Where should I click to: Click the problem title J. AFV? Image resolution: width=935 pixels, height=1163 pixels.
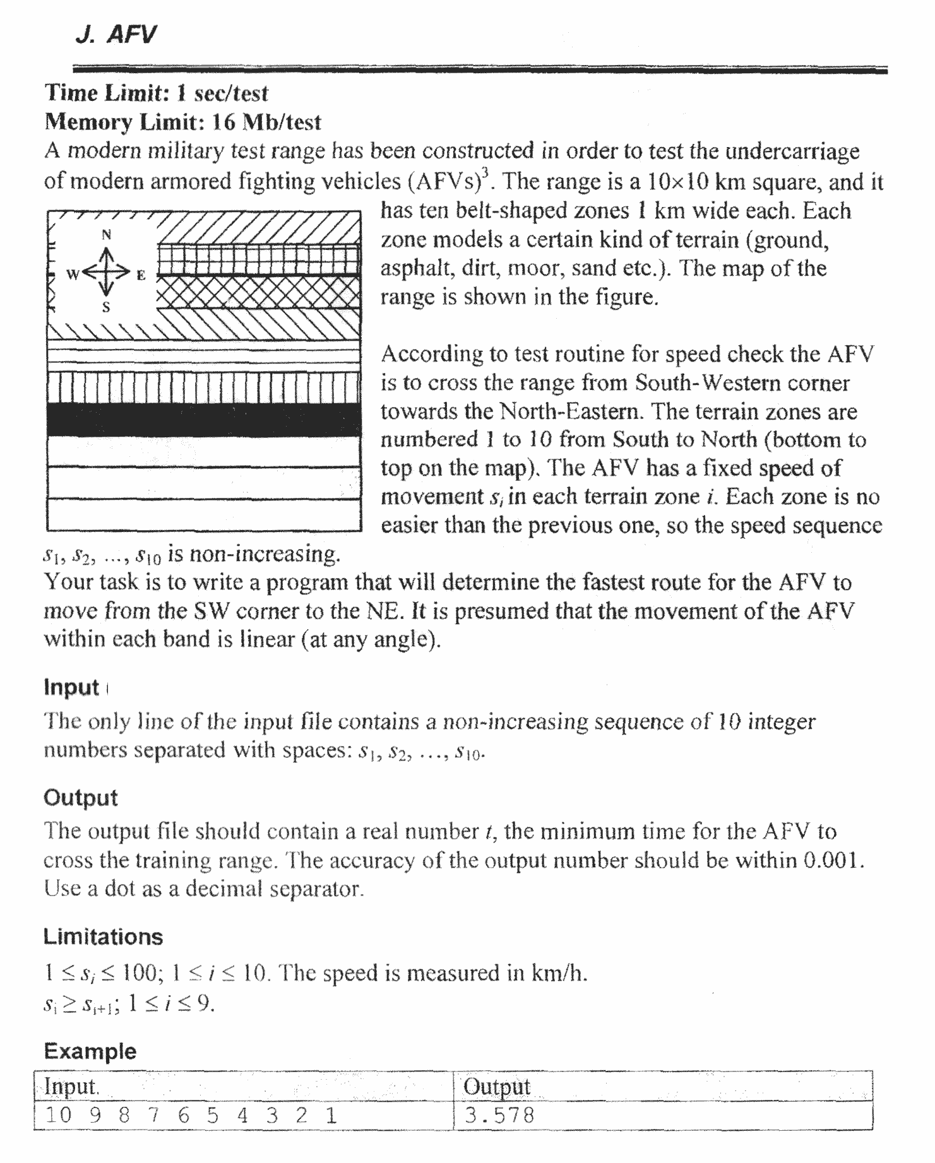coord(115,35)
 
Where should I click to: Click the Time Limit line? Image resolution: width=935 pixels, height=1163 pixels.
coord(157,93)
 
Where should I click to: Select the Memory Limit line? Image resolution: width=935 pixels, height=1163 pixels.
coord(183,122)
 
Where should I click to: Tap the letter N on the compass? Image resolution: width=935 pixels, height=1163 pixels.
coord(107,235)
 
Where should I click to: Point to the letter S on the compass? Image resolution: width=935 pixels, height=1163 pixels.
coord(106,307)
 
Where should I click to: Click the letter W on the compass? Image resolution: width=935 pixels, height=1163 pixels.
coord(73,275)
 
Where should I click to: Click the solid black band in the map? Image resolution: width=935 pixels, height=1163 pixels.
coord(203,420)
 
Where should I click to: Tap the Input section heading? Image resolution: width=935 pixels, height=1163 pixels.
coord(71,687)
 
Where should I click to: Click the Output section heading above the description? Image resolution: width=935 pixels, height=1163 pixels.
coord(80,798)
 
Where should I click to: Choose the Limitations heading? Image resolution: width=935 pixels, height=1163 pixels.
coord(103,937)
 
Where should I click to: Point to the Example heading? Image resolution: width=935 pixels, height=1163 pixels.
coord(90,1051)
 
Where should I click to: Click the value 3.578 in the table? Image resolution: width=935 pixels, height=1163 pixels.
coord(499,1116)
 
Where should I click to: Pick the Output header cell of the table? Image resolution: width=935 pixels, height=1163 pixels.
coord(496,1087)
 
